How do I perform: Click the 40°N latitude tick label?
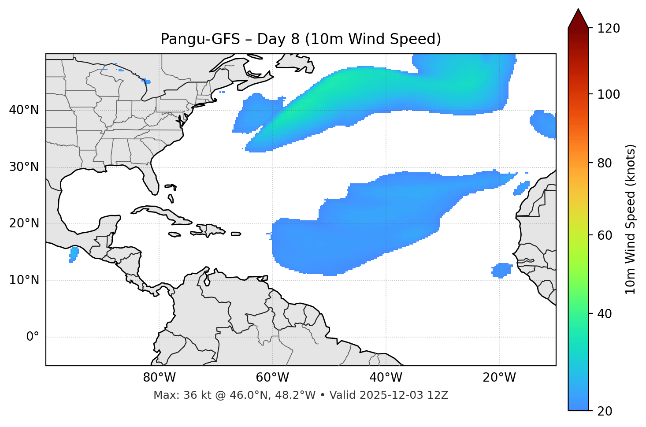24,110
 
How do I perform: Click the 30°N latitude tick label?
24,167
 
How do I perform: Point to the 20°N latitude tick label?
24,223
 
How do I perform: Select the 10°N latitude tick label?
24,280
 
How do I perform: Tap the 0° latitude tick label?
33,337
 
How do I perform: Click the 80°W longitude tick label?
159,378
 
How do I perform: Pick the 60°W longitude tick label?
272,378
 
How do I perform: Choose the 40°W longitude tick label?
386,378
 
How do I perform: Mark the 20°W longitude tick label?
499,378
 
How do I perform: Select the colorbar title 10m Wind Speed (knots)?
631,219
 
